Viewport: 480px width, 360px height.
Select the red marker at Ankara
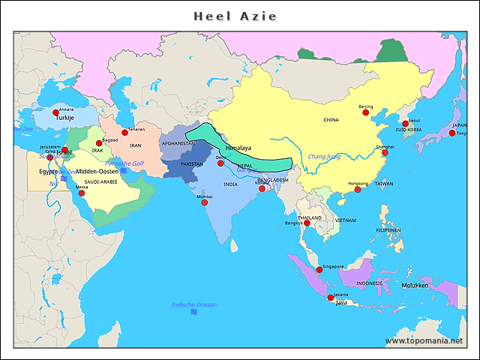(55, 112)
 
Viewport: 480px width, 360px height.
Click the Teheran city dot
(125, 133)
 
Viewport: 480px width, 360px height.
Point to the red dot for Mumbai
(205, 202)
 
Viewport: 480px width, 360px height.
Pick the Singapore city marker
(319, 269)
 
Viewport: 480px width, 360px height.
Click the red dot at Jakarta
(331, 298)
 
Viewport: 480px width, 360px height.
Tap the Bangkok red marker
(307, 223)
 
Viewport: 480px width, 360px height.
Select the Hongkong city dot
(358, 190)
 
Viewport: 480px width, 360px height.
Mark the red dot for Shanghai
(385, 152)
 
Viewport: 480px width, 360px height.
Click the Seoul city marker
(406, 124)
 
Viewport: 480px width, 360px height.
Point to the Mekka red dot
(82, 193)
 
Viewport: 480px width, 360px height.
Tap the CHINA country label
(331, 120)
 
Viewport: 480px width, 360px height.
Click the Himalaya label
(238, 148)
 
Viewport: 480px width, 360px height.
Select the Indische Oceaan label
(194, 304)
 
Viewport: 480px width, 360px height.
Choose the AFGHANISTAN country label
(178, 143)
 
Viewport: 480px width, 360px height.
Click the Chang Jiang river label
(324, 157)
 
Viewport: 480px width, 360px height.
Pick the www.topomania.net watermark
(424, 340)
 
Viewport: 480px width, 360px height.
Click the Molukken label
(414, 286)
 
